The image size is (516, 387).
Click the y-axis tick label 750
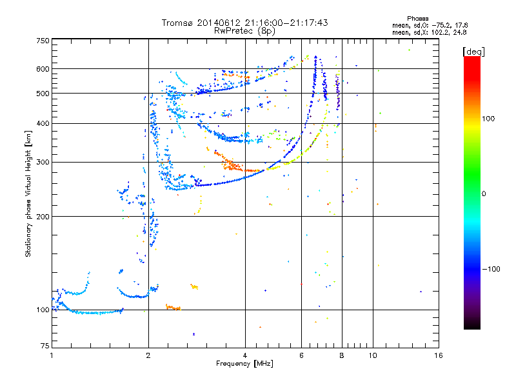coord(43,41)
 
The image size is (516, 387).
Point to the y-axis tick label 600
coord(43,69)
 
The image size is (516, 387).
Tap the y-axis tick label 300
coord(43,163)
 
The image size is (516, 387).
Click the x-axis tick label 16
coord(438,355)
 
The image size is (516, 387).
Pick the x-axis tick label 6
coord(301,355)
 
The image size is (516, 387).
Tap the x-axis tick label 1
coord(52,355)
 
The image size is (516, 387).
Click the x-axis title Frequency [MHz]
coord(244,364)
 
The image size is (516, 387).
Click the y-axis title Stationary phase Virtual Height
coord(28,194)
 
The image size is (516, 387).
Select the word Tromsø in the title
coord(178,23)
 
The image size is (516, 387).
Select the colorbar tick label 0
coord(485,193)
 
